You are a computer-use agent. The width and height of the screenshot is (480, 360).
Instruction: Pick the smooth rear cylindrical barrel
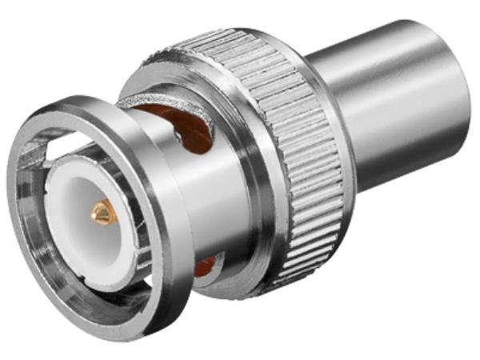[384, 104]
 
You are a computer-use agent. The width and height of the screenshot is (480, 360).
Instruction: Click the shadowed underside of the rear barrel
[400, 176]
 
